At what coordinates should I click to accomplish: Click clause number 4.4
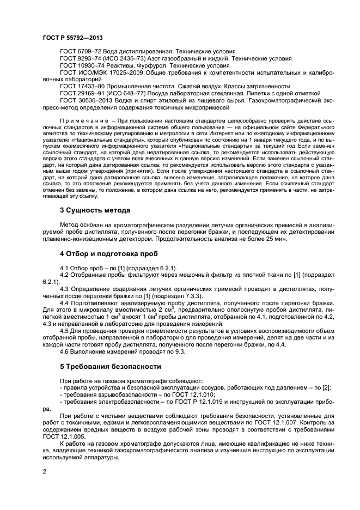click(65, 302)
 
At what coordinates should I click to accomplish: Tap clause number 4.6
click(65, 351)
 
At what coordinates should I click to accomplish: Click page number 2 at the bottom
click(45, 473)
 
